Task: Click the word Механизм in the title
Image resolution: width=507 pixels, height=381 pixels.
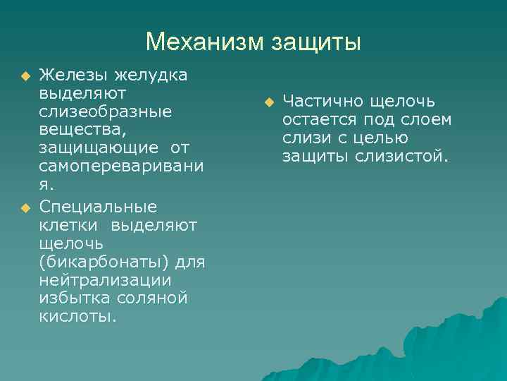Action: [204, 42]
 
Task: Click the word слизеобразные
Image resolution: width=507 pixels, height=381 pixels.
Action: [106, 112]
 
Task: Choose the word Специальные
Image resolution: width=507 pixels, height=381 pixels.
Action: [99, 207]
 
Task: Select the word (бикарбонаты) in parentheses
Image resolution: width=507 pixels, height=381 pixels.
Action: [102, 262]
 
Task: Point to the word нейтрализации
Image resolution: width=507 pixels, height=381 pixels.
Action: [105, 280]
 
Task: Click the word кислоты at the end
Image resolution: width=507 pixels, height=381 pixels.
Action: [77, 317]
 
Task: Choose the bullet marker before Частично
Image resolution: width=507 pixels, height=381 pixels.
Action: [268, 102]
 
